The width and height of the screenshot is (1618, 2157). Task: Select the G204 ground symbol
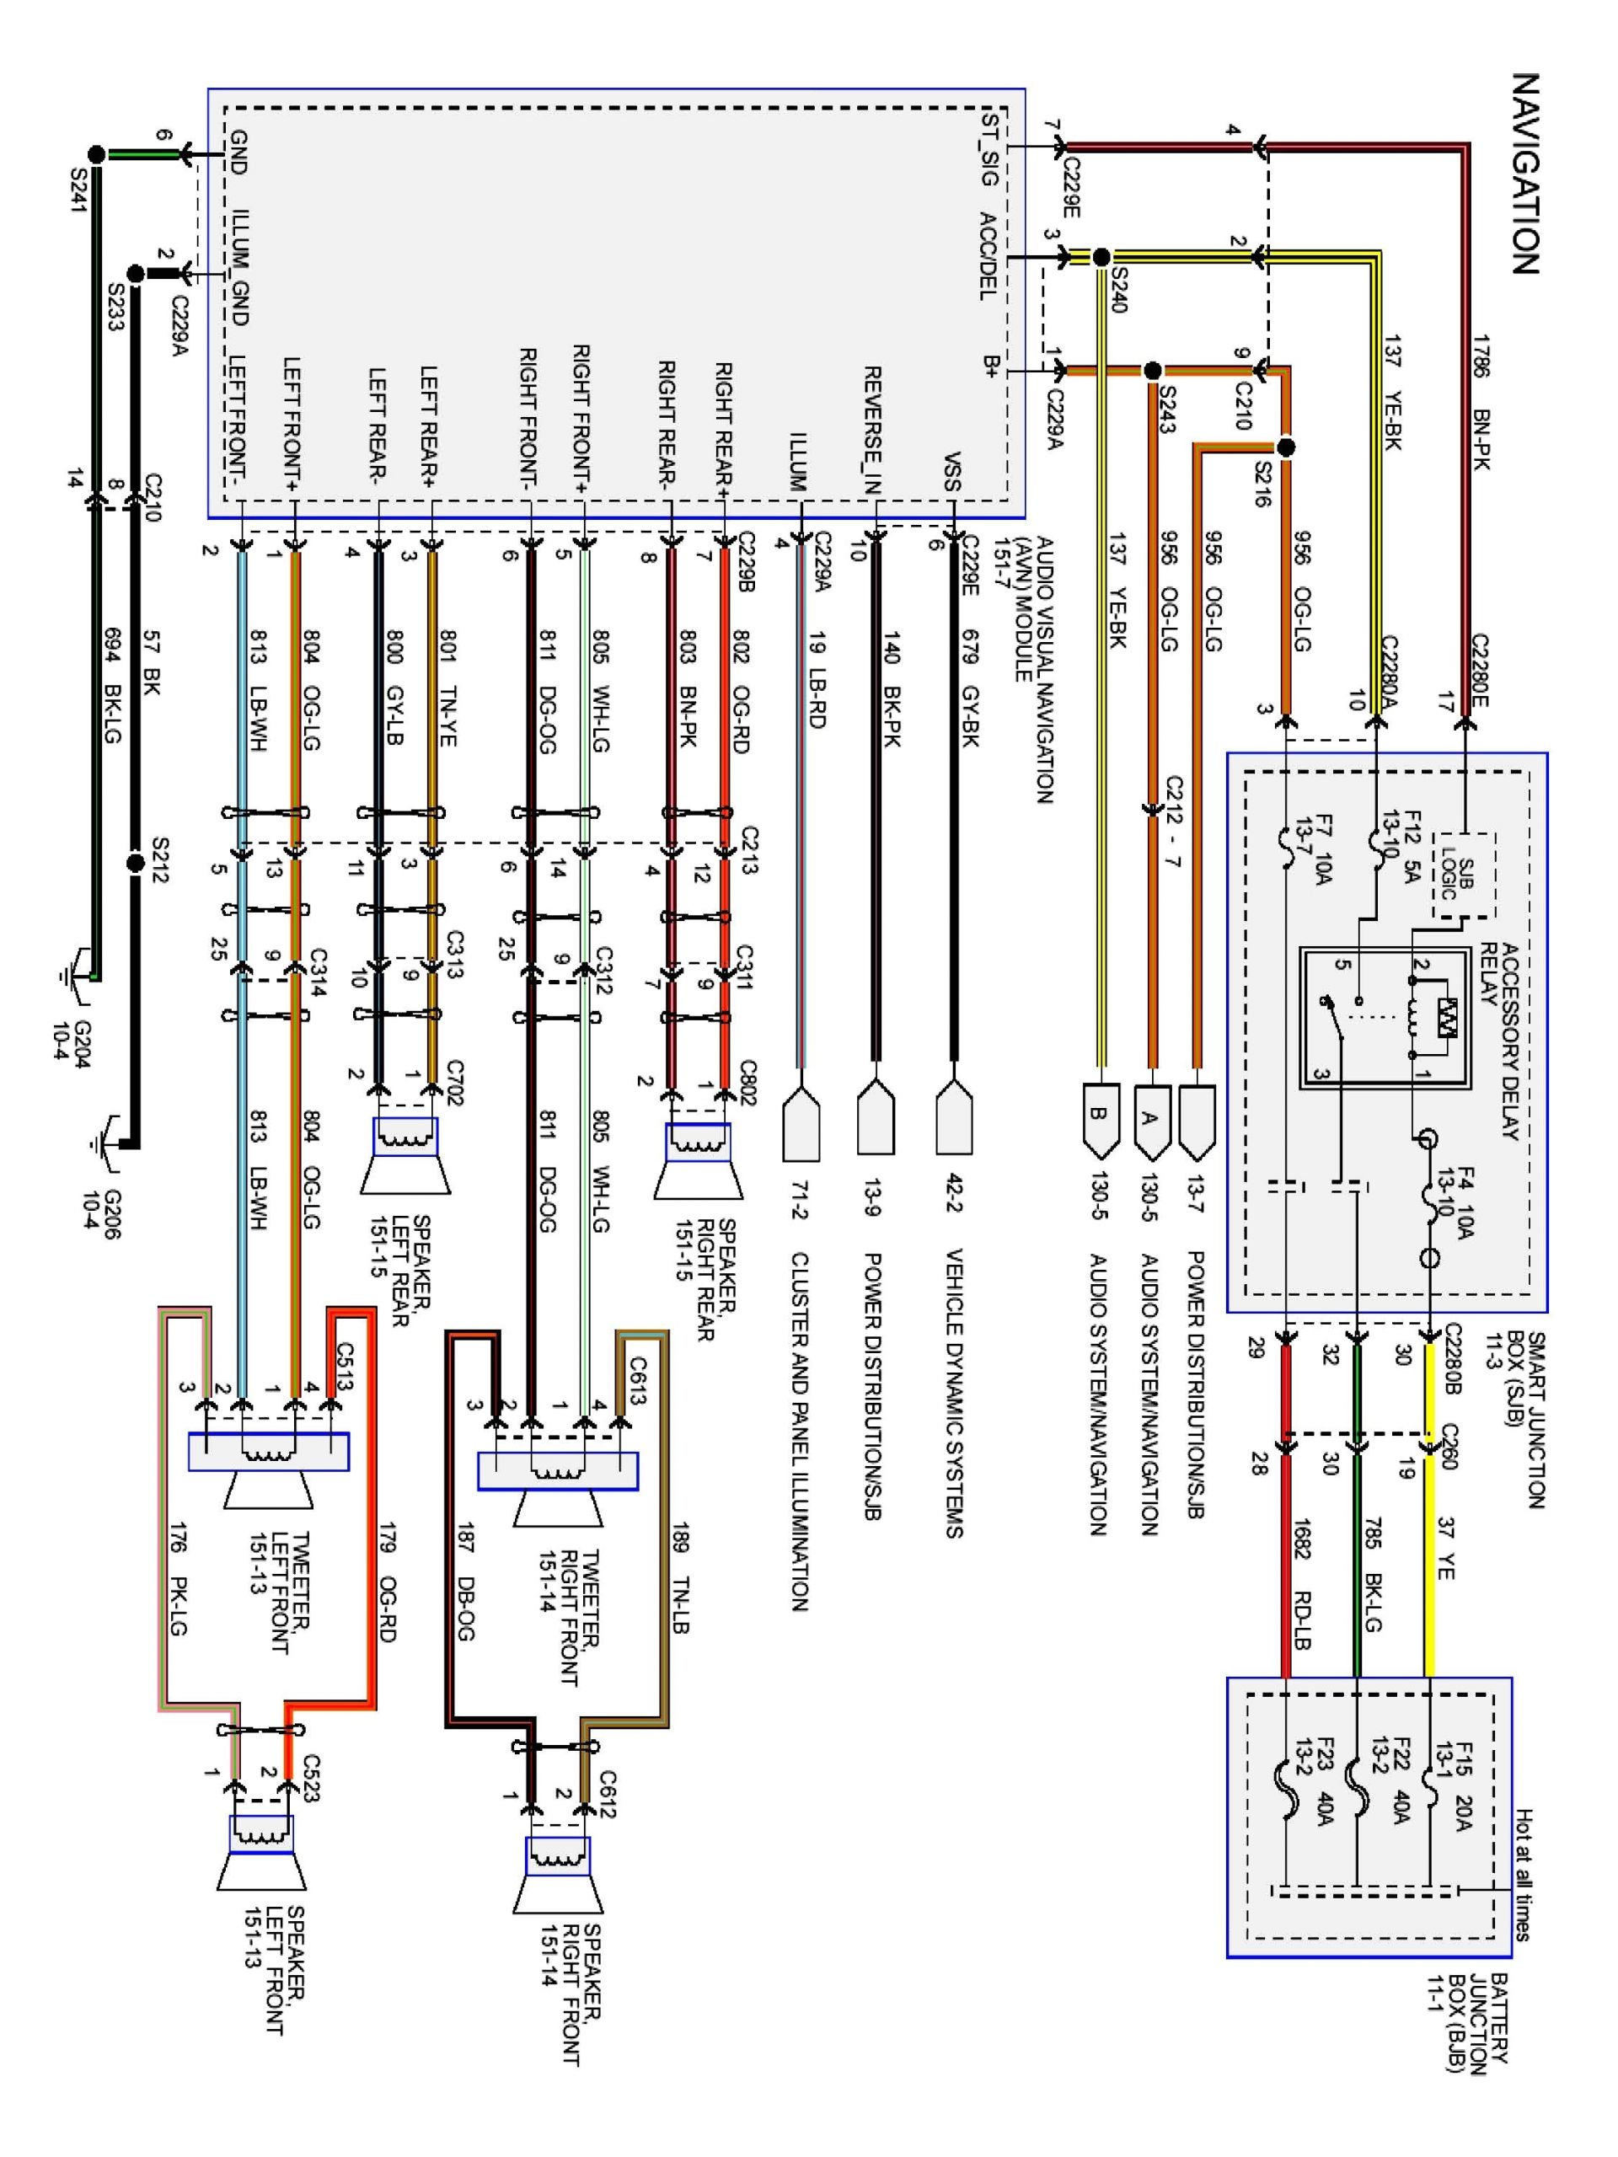tap(74, 976)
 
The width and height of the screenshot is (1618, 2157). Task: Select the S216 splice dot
tap(1285, 447)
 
